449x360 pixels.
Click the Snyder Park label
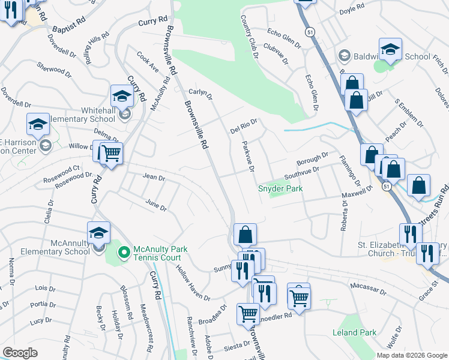280,188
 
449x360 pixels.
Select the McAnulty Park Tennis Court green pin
124,253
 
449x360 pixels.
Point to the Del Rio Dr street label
244,126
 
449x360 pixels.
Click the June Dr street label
155,205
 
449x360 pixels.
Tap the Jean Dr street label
154,176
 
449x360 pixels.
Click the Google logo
20,353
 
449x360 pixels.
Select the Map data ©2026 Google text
411,355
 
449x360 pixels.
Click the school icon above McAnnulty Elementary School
99,233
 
